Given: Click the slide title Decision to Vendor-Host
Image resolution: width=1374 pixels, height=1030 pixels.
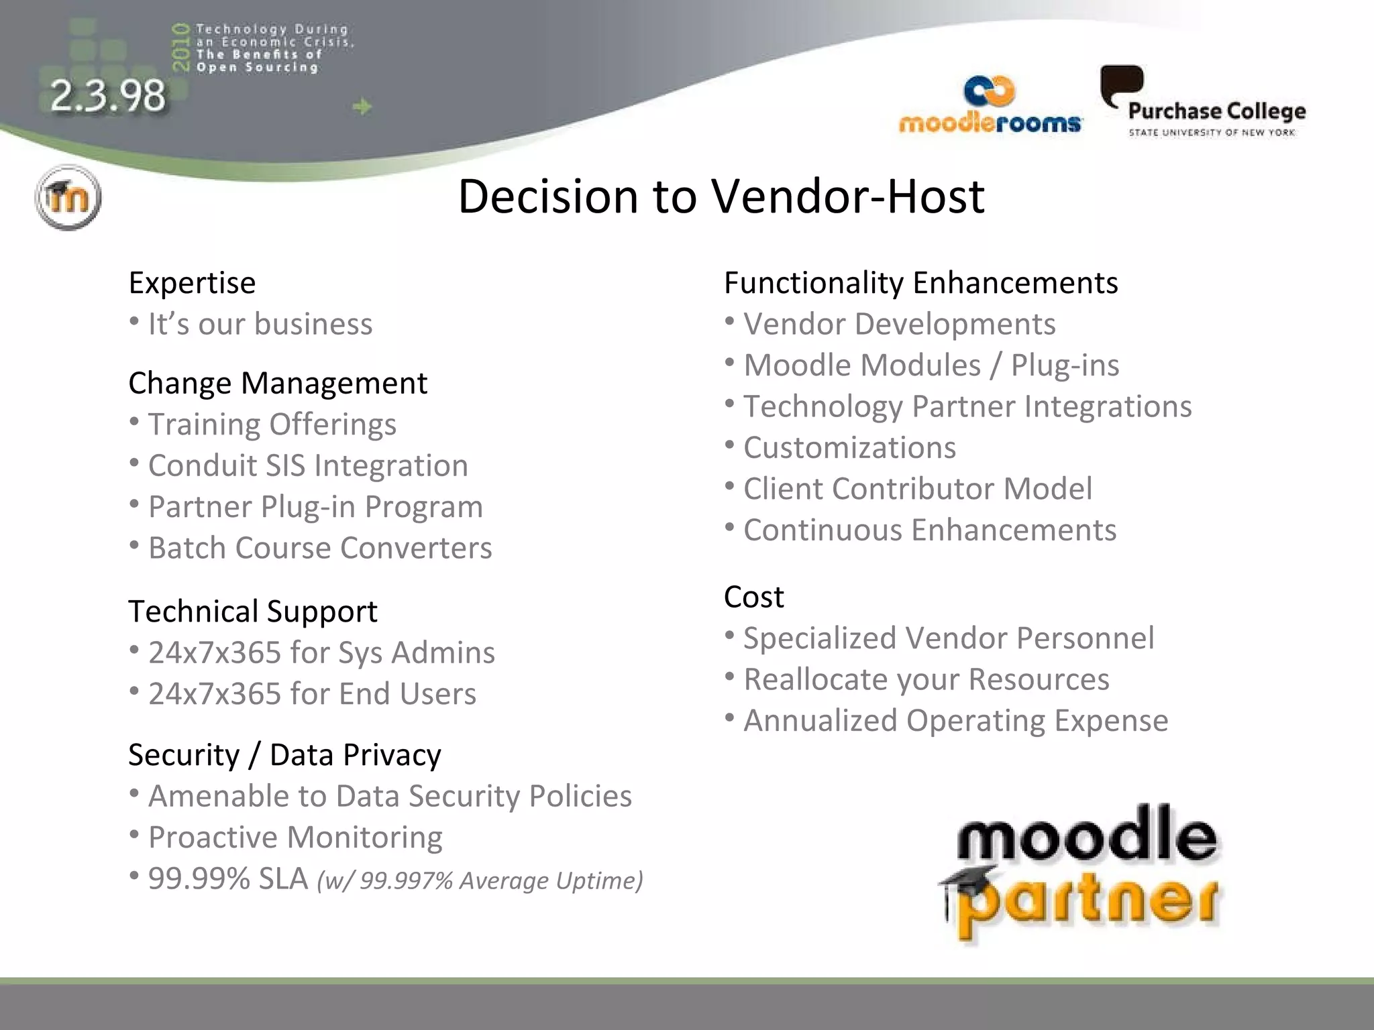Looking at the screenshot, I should pyautogui.click(x=721, y=196).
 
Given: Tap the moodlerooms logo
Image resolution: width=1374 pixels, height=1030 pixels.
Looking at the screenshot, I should pyautogui.click(x=990, y=106).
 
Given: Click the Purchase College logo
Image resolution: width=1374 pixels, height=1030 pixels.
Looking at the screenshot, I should pyautogui.click(x=1203, y=103).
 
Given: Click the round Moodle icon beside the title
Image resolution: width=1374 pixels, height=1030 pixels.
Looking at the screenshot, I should pyautogui.click(x=68, y=197).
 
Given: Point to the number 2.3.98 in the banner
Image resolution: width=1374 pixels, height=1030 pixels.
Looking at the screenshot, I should pyautogui.click(x=107, y=95).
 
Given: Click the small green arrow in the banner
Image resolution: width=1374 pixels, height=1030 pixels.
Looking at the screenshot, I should pyautogui.click(x=362, y=107).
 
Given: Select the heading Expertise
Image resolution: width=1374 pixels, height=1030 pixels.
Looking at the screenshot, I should pyautogui.click(x=192, y=283).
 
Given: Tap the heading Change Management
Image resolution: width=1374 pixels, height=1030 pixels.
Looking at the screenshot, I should pyautogui.click(x=278, y=384).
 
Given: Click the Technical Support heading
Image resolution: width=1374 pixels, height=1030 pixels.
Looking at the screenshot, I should pyautogui.click(x=253, y=612).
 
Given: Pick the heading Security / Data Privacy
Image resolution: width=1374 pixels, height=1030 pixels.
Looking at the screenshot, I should pyautogui.click(x=284, y=755).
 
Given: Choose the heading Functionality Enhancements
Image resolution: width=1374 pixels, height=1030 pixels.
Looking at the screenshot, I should pyautogui.click(x=920, y=283).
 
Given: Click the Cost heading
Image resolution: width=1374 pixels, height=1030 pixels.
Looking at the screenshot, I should pyautogui.click(x=753, y=597).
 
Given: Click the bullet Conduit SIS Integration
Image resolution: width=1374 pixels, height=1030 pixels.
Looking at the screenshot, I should pyautogui.click(x=308, y=466).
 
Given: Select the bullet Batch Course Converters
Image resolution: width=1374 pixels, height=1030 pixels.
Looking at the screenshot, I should pyautogui.click(x=320, y=549).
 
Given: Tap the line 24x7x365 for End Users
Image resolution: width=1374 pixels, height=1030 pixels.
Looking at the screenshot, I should pyautogui.click(x=312, y=694).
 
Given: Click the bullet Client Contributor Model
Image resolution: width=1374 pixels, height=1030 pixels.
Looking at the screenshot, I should pyautogui.click(x=917, y=489).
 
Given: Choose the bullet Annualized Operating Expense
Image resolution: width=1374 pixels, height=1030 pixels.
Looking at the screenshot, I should pyautogui.click(x=955, y=721).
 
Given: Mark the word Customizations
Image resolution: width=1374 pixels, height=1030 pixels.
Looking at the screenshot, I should pyautogui.click(x=849, y=448).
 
